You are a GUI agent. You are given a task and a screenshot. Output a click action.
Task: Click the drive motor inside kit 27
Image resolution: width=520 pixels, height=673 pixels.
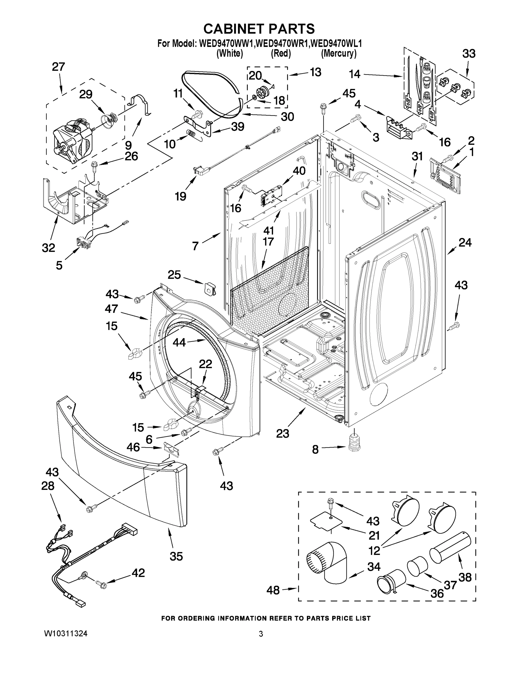click(73, 140)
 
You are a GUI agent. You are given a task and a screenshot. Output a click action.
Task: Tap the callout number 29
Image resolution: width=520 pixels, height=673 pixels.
click(86, 94)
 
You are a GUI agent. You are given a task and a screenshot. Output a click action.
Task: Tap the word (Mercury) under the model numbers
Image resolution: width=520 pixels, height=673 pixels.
click(339, 53)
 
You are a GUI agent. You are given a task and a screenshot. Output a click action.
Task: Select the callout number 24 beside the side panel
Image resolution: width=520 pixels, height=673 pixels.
click(465, 243)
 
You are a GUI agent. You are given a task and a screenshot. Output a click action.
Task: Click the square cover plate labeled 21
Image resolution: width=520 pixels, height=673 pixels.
click(326, 521)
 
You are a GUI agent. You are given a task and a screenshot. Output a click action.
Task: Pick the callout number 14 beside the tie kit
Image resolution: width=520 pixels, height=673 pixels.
click(355, 74)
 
